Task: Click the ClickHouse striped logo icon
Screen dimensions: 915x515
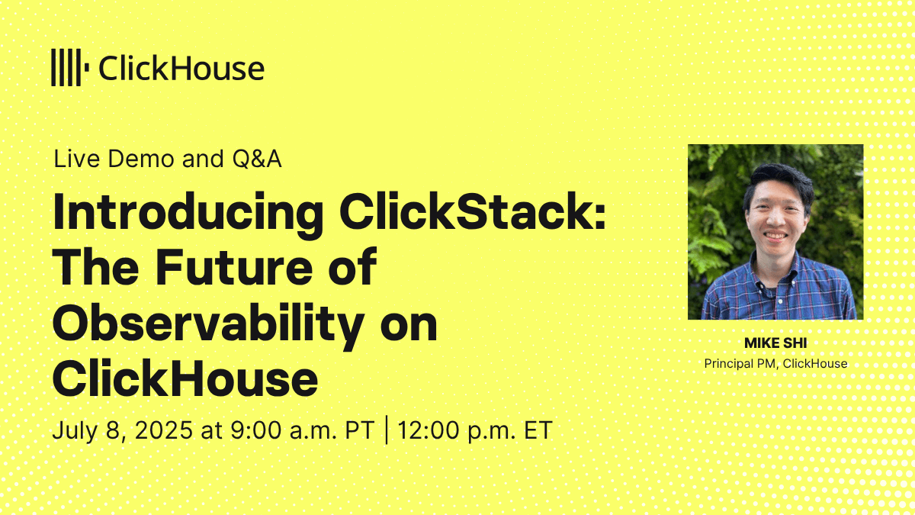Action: pyautogui.click(x=70, y=67)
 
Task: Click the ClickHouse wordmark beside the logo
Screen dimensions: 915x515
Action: pyautogui.click(x=181, y=68)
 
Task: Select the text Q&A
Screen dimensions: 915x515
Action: pyautogui.click(x=257, y=159)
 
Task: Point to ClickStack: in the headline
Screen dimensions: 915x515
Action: pyautogui.click(x=472, y=212)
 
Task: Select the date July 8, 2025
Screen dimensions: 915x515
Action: pyautogui.click(x=123, y=430)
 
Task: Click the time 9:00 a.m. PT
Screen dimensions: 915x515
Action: pyautogui.click(x=302, y=430)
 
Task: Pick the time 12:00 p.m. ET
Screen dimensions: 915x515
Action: pyautogui.click(x=475, y=431)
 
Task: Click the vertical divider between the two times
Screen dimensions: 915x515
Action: pyautogui.click(x=387, y=430)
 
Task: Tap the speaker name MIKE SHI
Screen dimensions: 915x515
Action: pyautogui.click(x=775, y=343)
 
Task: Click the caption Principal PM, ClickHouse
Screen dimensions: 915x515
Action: pyautogui.click(x=775, y=363)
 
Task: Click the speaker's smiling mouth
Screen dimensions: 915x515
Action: pyautogui.click(x=775, y=236)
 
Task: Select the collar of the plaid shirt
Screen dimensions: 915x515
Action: pyautogui.click(x=776, y=272)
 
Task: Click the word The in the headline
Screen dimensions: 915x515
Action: pyautogui.click(x=95, y=266)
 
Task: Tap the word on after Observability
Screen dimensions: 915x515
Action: pyautogui.click(x=409, y=328)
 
